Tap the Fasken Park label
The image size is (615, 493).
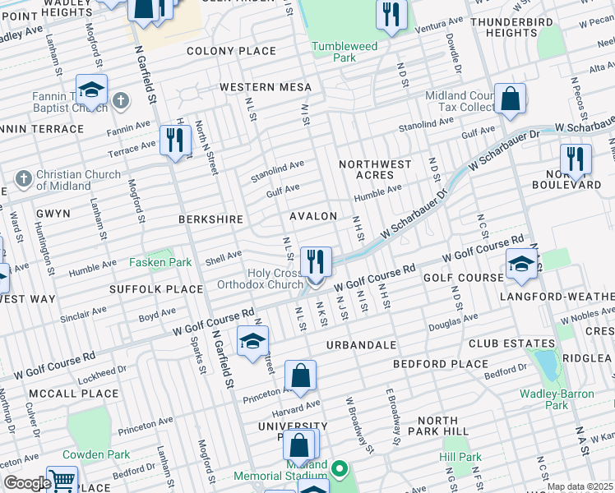click(160, 263)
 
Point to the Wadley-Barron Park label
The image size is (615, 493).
click(556, 399)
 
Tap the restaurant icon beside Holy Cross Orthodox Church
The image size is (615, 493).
click(316, 262)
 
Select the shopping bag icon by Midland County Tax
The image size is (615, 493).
click(510, 99)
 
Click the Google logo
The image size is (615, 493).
click(27, 483)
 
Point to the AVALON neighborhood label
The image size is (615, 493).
click(312, 216)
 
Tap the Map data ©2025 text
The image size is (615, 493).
click(579, 486)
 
